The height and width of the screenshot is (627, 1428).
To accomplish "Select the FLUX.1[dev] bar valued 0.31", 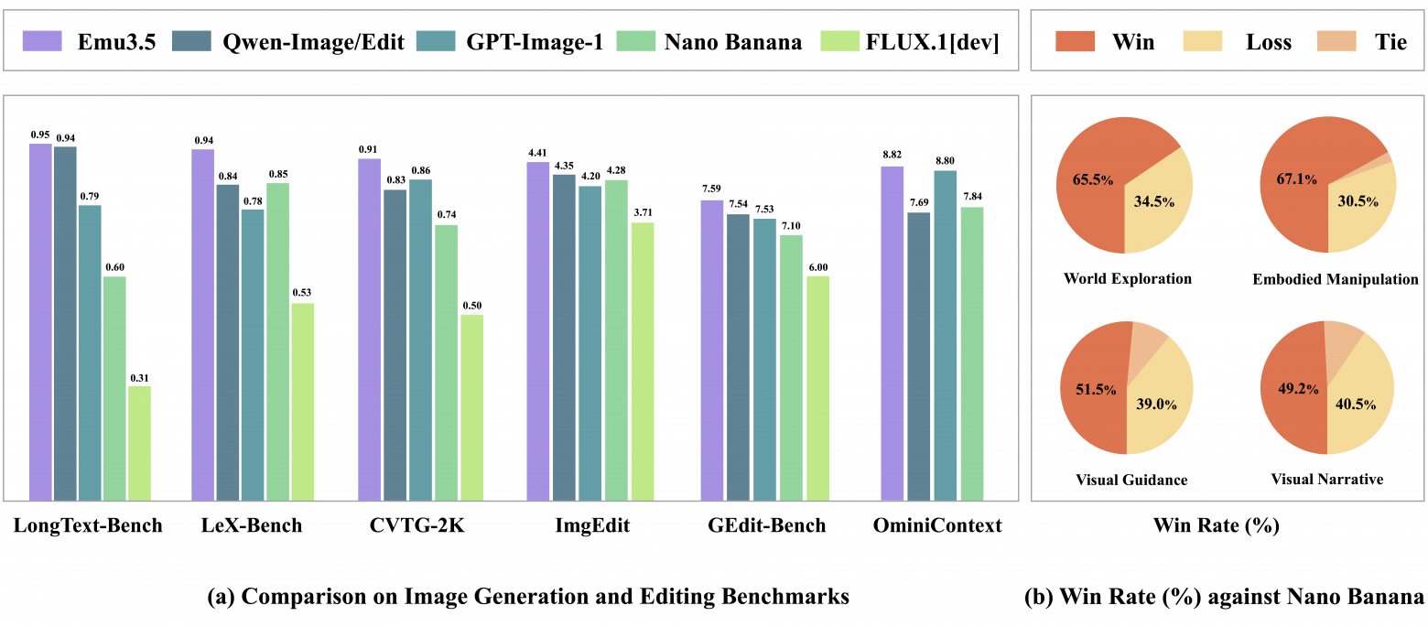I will (139, 443).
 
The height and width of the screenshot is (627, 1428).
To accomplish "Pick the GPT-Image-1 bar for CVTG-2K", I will (420, 340).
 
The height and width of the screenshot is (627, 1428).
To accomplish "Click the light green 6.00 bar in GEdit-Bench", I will (817, 388).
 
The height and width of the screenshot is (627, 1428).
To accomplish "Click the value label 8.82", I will (892, 157).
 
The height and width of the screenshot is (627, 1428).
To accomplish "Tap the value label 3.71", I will (643, 212).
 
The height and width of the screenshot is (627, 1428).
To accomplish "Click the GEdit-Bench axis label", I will (766, 525).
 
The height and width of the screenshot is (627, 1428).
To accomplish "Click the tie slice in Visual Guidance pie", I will (1148, 344).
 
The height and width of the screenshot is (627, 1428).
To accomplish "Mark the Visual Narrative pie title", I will (1326, 479).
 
